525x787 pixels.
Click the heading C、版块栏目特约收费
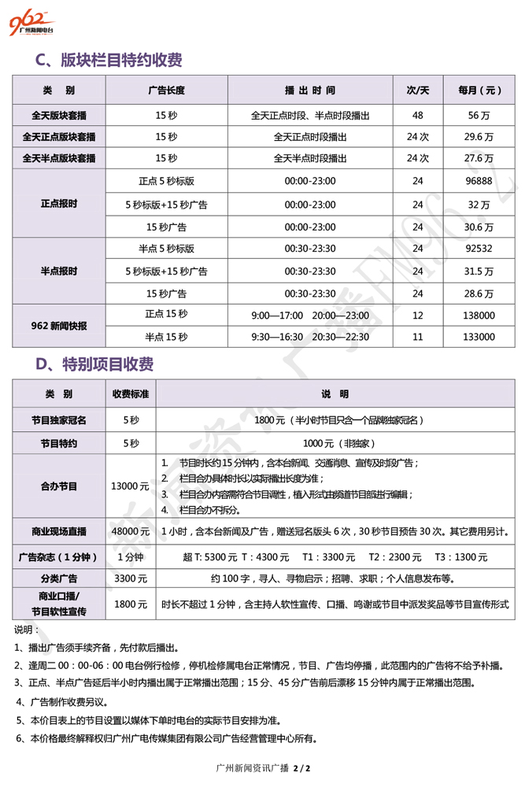109,61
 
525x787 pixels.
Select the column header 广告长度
165,91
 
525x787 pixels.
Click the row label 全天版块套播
59,115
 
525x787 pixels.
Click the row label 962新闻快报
59,325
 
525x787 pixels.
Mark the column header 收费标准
131,393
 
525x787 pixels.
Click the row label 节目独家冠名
59,420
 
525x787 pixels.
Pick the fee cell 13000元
131,486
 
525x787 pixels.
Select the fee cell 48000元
131,532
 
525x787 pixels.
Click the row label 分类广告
59,578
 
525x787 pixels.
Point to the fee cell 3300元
131,578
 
